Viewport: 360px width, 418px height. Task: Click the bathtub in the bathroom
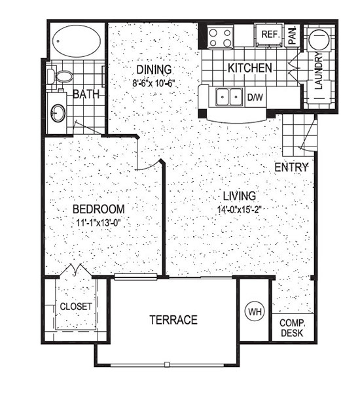(x=77, y=41)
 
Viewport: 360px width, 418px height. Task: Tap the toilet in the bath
(x=60, y=77)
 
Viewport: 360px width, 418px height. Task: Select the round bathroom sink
(x=58, y=113)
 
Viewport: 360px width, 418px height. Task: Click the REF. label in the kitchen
(x=270, y=34)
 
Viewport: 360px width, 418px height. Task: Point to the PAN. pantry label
(x=293, y=35)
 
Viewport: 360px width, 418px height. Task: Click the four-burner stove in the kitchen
(x=220, y=37)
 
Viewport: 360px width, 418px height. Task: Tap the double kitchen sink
(x=229, y=97)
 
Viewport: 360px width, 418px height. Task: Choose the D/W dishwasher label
(x=255, y=97)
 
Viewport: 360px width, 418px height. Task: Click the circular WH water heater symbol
(x=255, y=311)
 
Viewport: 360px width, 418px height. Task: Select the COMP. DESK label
(x=292, y=328)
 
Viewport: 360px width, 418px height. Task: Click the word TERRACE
(x=173, y=320)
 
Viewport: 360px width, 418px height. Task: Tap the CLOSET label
(x=76, y=306)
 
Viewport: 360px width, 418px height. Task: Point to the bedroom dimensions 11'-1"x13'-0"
(x=99, y=222)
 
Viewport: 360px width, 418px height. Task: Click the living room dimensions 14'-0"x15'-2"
(x=239, y=209)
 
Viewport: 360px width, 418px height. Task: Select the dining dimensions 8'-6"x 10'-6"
(x=154, y=83)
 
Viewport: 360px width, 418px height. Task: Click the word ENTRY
(x=291, y=167)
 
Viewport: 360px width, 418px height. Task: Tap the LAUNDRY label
(x=319, y=70)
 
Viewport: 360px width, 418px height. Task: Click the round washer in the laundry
(x=319, y=39)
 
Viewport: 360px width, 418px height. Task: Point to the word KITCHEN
(x=250, y=68)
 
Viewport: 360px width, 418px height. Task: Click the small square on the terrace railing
(x=167, y=364)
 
